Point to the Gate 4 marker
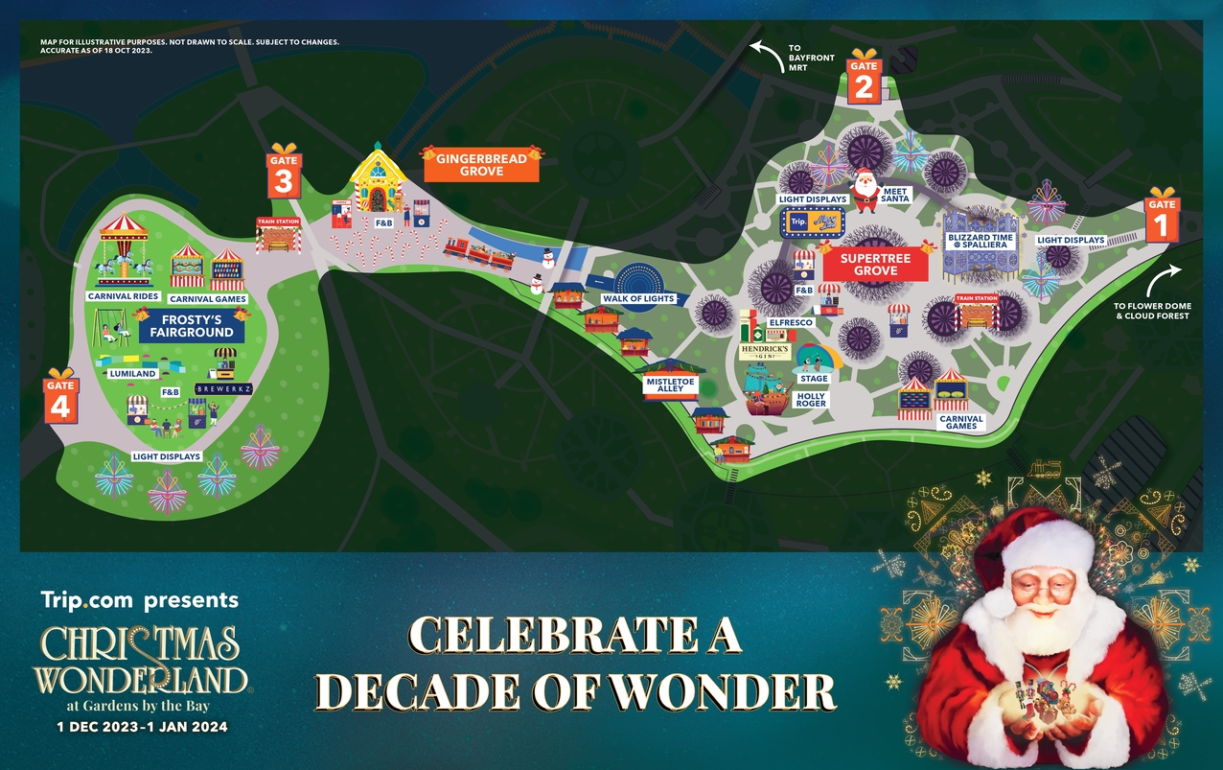click(60, 398)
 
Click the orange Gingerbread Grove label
click(481, 165)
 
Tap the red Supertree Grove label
click(875, 265)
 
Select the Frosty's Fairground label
click(191, 326)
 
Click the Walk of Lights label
click(638, 299)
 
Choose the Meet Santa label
click(895, 195)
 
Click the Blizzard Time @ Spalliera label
click(981, 242)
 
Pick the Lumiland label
click(133, 374)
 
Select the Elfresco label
click(791, 323)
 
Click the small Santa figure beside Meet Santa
click(866, 189)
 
